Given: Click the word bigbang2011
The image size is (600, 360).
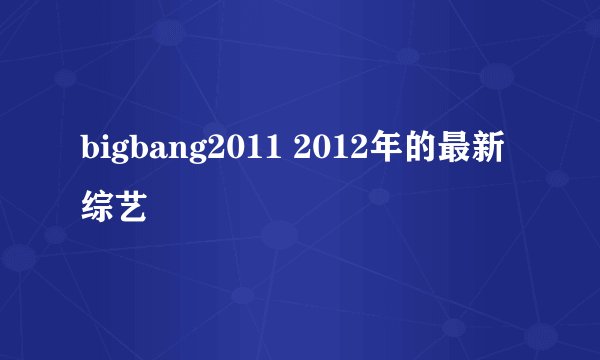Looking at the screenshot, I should [x=180, y=152].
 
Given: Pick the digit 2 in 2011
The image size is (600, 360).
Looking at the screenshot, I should [x=214, y=152].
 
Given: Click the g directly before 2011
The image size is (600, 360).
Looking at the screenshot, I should [x=194, y=154].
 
